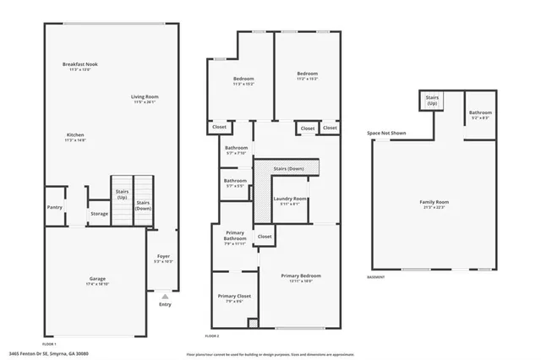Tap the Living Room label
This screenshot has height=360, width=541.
pos(145,97)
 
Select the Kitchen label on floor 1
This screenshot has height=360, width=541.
pos(76,135)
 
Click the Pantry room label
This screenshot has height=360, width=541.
pos(55,206)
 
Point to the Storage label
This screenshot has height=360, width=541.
pos(99,214)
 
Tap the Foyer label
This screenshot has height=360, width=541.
pos(164,257)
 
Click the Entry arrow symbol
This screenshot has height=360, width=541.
pos(164,297)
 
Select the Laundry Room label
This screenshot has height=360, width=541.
pos(289,199)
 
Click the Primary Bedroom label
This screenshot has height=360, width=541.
pos(301,275)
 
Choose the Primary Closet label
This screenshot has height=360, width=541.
pos(234,297)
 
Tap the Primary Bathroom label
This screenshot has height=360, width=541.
pos(234,236)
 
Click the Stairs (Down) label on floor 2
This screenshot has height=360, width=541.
pos(289,168)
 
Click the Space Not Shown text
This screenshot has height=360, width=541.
pos(385,134)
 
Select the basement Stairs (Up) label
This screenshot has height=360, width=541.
pos(431,100)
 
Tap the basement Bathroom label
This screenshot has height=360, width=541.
pos(480,113)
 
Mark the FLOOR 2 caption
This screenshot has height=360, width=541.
pos(213,336)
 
